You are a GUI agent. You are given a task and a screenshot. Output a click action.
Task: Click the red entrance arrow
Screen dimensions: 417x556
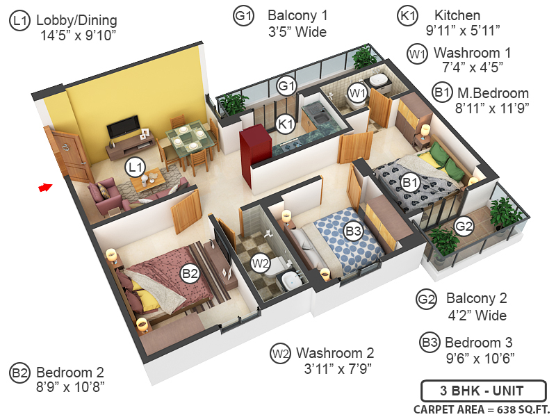(45, 187)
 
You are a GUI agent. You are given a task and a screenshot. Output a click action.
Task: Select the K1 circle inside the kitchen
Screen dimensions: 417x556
(285, 124)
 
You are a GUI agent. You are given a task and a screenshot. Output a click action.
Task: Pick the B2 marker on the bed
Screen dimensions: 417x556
(190, 274)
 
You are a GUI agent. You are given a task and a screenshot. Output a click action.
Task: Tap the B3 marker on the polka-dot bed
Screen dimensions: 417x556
(353, 230)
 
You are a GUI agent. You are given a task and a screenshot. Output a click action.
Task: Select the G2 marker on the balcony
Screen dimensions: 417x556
(464, 225)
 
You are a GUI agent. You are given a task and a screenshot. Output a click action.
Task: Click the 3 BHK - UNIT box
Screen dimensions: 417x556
(473, 391)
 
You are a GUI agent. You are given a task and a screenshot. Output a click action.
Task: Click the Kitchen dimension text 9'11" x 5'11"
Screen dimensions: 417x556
(463, 29)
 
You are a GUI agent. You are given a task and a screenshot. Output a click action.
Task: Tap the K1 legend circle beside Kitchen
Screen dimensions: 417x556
(407, 15)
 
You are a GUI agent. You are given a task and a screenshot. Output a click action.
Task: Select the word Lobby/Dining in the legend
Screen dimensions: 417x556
(77, 20)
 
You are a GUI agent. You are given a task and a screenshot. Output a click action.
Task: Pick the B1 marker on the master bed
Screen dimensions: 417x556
(410, 183)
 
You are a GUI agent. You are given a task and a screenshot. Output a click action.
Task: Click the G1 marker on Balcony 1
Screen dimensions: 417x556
(287, 86)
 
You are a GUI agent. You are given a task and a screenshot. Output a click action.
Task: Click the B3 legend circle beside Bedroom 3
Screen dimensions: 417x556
(430, 343)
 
